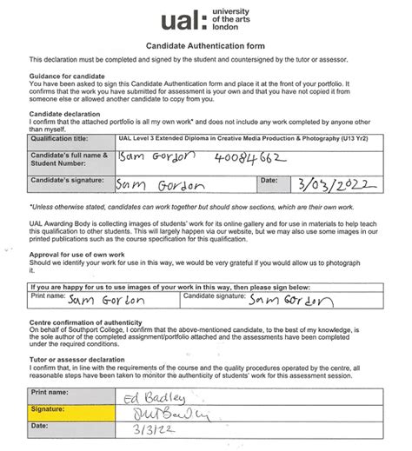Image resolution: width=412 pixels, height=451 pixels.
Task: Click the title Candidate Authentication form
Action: pos(207,44)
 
